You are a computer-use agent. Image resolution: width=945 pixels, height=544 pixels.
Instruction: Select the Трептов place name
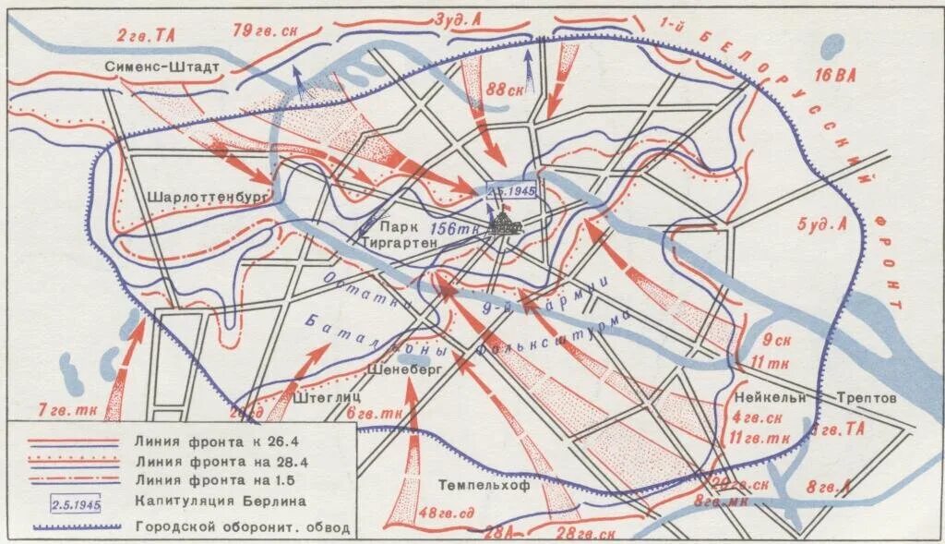866,397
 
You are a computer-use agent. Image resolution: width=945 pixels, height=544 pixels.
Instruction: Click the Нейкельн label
770,397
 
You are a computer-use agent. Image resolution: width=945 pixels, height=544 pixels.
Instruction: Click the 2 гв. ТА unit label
147,34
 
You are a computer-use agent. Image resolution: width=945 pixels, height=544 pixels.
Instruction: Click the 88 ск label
504,90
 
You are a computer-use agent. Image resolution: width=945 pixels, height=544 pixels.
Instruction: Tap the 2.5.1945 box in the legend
74,504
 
